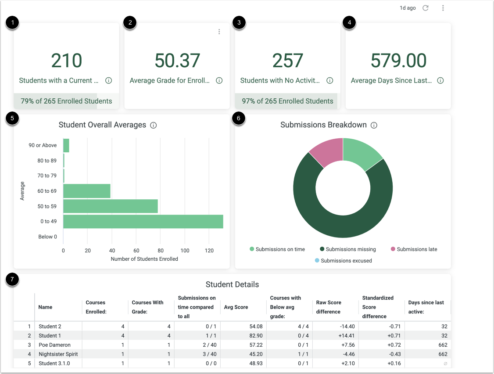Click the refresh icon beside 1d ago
tap(425, 8)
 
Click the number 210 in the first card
tap(67, 61)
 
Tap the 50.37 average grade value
tap(177, 61)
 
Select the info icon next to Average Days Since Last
tap(440, 81)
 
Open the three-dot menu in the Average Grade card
tap(219, 32)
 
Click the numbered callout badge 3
tap(239, 23)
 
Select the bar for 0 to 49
tap(143, 222)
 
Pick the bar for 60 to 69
tap(87, 191)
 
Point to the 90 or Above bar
tap(66, 145)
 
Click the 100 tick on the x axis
tap(185, 251)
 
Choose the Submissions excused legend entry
tap(343, 261)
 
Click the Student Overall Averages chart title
tap(102, 125)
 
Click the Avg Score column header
tap(236, 307)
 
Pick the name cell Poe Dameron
tap(54, 345)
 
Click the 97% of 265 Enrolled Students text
tap(287, 101)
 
